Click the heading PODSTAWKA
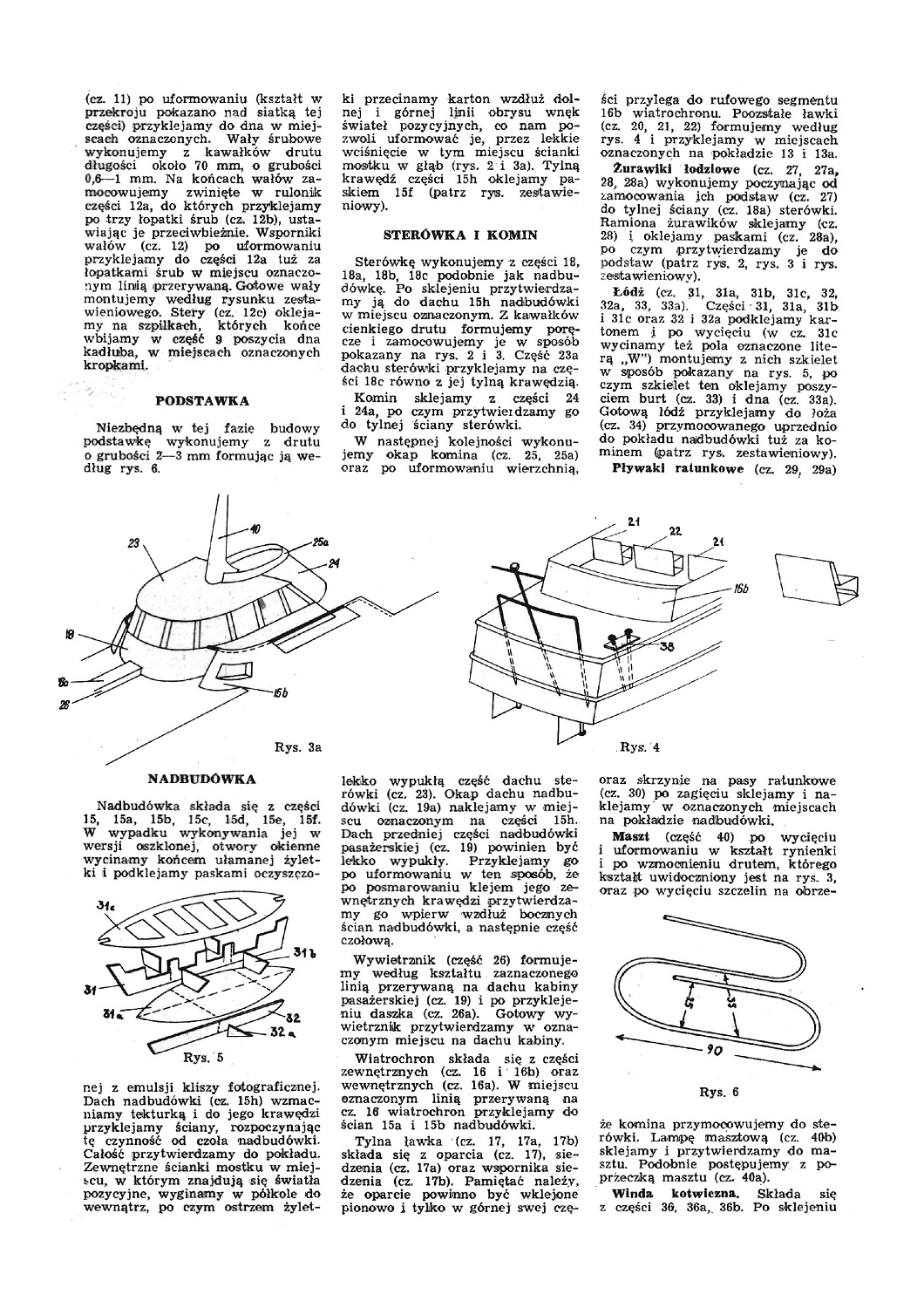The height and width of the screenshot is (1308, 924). click(201, 400)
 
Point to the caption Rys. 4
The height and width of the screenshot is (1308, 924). click(641, 746)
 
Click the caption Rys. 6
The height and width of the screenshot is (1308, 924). click(718, 1091)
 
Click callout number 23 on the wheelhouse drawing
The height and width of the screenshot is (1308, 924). click(133, 542)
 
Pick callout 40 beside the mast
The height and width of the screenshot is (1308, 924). click(255, 528)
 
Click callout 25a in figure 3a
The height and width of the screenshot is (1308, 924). click(319, 542)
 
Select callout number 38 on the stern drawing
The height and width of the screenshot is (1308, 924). click(665, 647)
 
